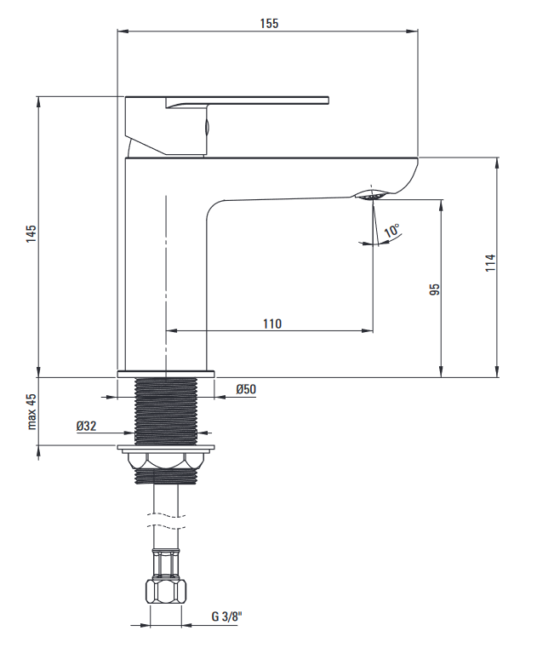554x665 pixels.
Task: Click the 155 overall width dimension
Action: (x=269, y=23)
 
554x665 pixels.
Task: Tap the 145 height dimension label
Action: (x=31, y=233)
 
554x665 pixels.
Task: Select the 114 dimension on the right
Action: (x=490, y=262)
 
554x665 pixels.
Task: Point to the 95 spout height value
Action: (x=435, y=290)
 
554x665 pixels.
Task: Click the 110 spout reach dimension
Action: (x=271, y=324)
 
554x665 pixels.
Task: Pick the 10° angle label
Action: (x=391, y=230)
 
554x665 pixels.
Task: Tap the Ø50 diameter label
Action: (x=246, y=389)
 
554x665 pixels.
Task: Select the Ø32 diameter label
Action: (x=87, y=426)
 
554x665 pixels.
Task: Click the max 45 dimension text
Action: (x=31, y=411)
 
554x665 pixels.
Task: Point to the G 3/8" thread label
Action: (x=226, y=616)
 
